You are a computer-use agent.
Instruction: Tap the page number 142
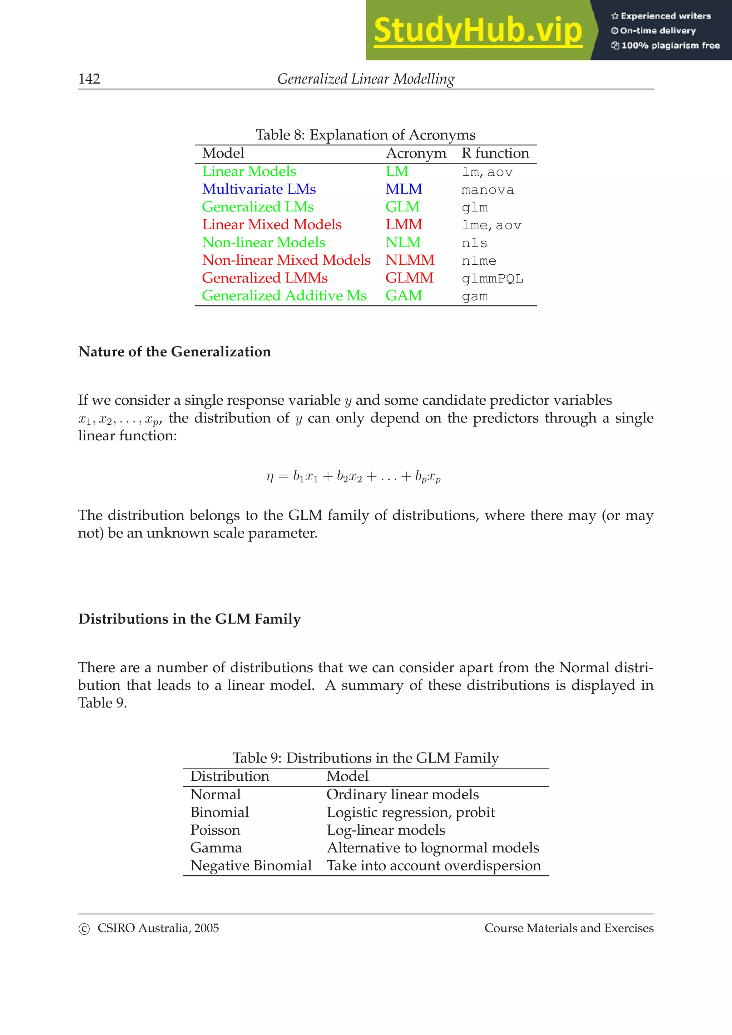pos(89,79)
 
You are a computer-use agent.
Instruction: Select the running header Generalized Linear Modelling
pos(365,79)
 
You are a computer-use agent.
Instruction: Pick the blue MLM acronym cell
pos(404,189)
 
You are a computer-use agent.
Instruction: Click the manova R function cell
pos(487,190)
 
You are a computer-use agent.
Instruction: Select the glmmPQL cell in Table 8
pos(492,279)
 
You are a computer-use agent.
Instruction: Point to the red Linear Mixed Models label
pos(272,225)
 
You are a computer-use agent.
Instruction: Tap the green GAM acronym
pos(404,296)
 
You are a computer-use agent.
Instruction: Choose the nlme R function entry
pos(479,261)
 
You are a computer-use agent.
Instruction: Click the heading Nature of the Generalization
pos(174,352)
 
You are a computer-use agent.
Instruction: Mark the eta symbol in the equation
pos(270,477)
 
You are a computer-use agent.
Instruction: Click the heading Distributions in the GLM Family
pos(189,619)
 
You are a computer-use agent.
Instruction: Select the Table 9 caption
pos(365,758)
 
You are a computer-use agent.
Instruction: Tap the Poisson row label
pos(215,830)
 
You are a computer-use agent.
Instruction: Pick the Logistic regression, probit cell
pos(410,812)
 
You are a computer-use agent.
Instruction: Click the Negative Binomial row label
pos(251,865)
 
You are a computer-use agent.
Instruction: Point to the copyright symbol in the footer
pos(84,929)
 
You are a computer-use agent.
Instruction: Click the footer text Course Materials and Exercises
pos(569,928)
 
